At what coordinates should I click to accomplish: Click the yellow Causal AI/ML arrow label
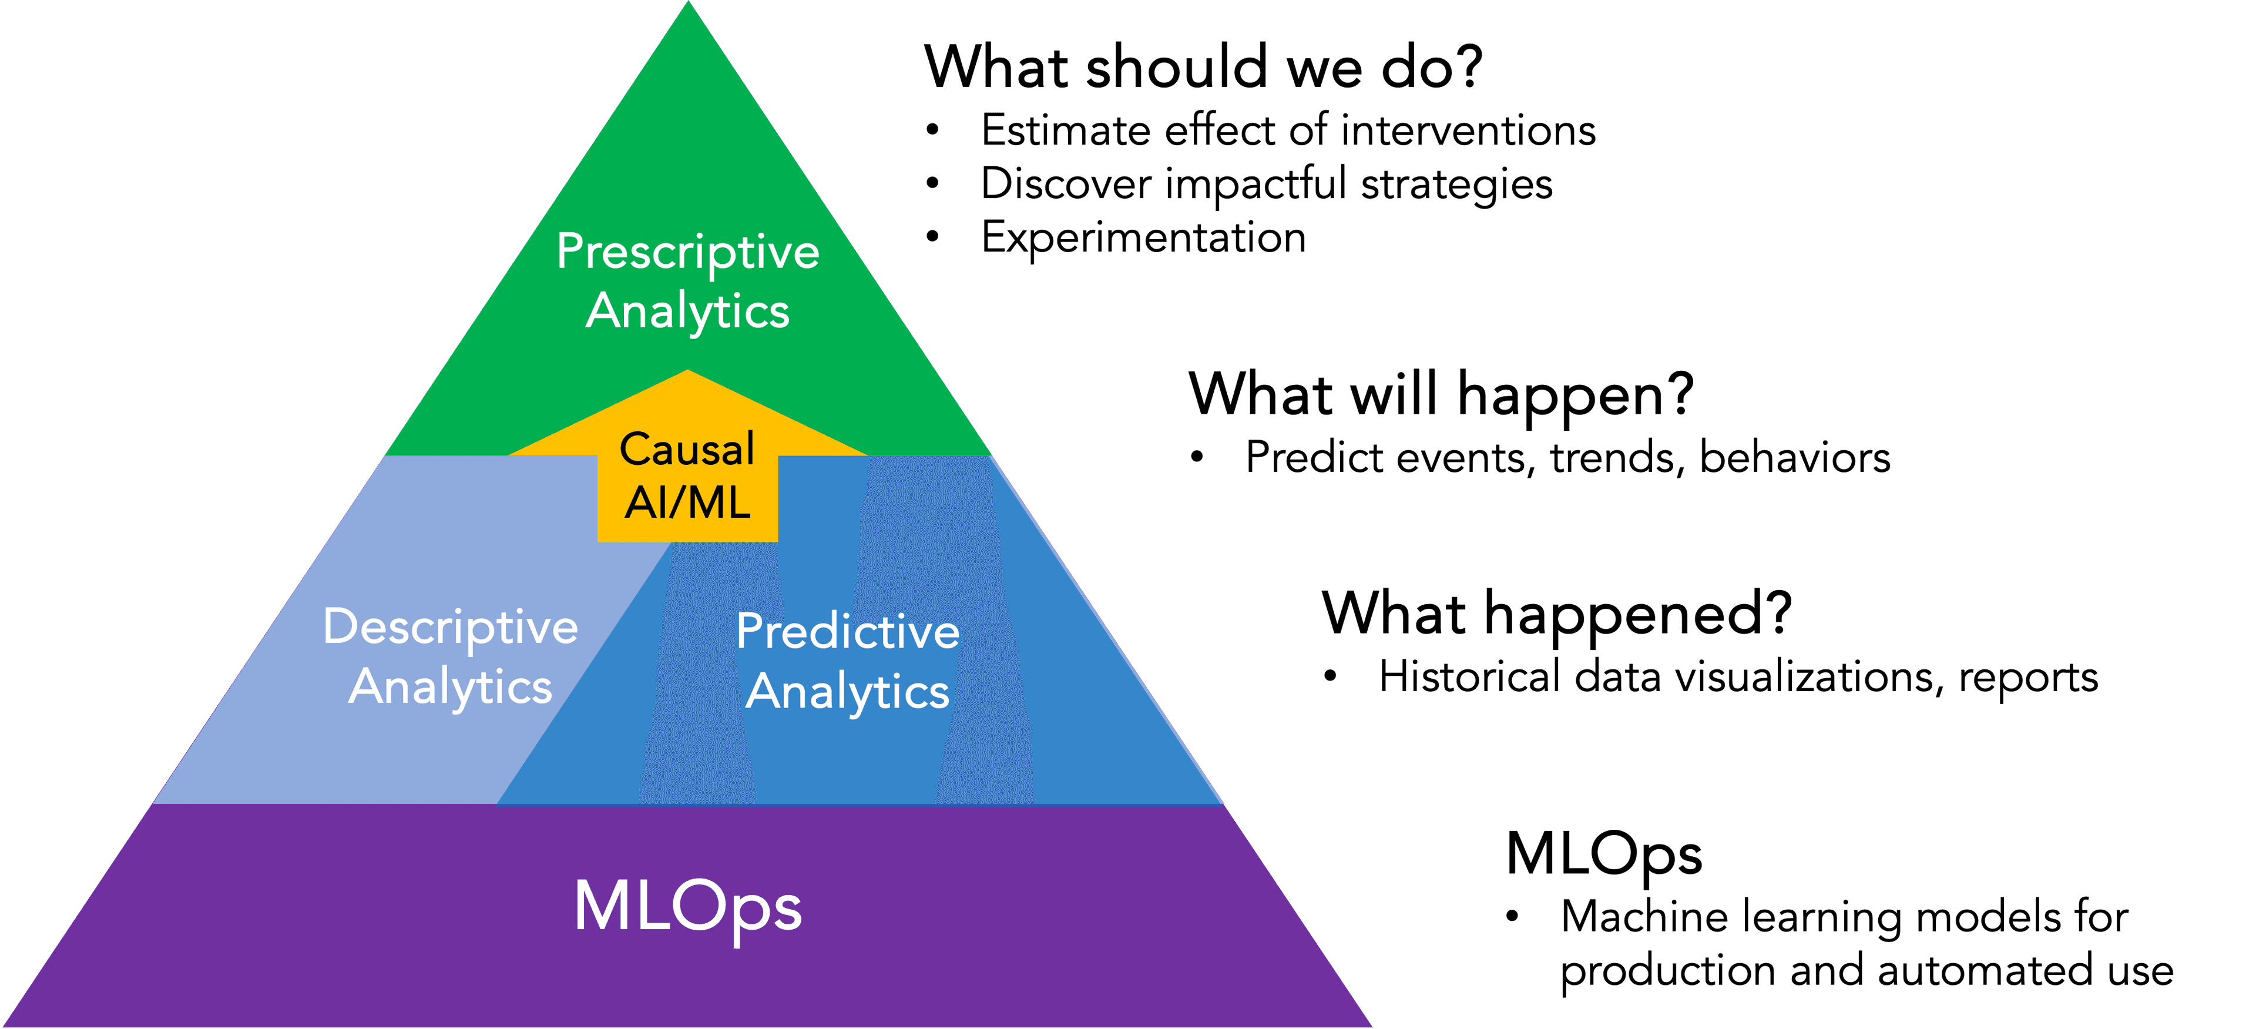[687, 475]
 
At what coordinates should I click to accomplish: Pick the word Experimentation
[1144, 237]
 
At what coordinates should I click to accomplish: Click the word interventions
[1469, 130]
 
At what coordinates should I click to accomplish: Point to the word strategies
[1456, 185]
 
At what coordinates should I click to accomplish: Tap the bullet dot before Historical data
[1330, 677]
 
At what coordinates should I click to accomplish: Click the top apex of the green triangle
[689, 2]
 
